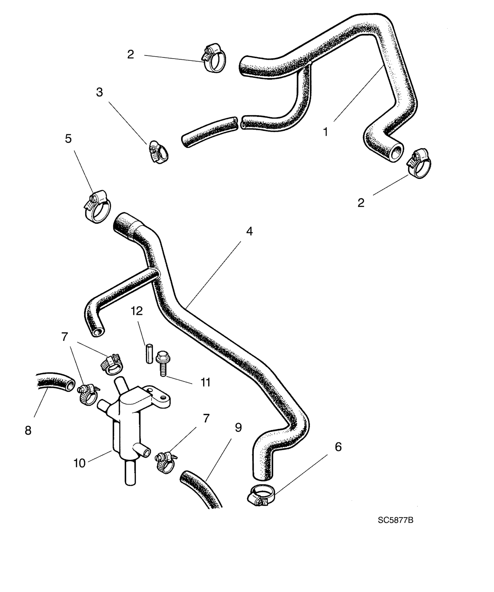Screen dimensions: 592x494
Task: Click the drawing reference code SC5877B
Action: point(395,520)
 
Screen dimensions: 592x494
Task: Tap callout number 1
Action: point(325,132)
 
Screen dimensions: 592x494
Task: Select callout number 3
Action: point(99,92)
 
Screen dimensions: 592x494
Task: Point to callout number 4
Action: point(249,231)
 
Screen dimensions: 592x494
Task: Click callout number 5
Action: point(68,139)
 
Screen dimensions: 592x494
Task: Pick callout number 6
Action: point(338,447)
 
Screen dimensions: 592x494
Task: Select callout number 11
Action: point(205,382)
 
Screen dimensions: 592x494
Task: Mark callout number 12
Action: point(137,311)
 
